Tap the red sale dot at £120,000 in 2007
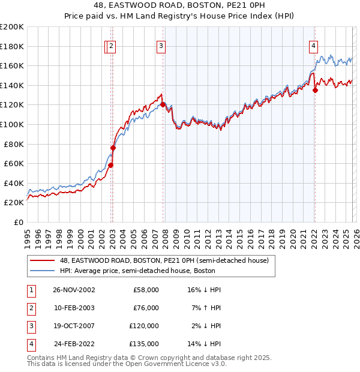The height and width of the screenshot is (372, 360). pyautogui.click(x=163, y=104)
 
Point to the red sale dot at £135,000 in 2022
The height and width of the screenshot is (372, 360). pyautogui.click(x=315, y=90)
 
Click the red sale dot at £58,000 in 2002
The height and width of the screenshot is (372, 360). pyautogui.click(x=111, y=165)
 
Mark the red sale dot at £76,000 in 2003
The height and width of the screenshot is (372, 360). pyautogui.click(x=113, y=148)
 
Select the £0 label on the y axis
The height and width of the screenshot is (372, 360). pyautogui.click(x=18, y=222)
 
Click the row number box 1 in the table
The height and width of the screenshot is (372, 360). pyautogui.click(x=31, y=290)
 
